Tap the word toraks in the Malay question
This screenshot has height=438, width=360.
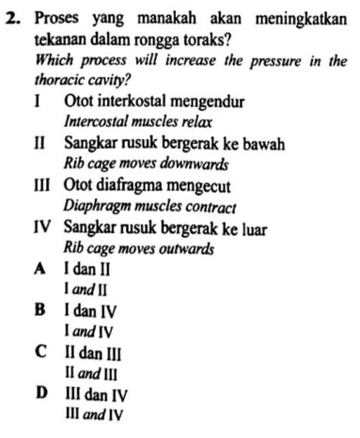click(196, 39)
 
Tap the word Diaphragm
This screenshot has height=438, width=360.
click(96, 206)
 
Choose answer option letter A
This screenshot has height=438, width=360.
click(40, 270)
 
